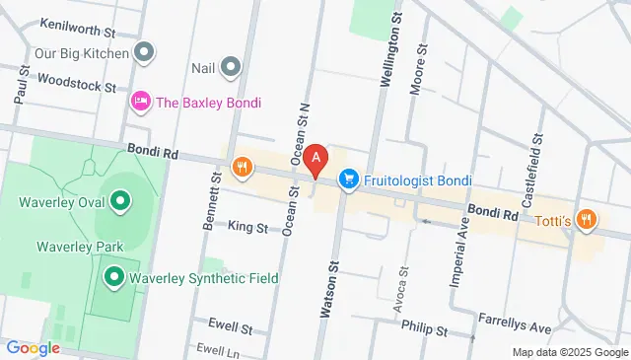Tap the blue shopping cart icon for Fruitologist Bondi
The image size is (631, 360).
pos(347,180)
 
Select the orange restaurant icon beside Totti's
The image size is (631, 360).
pos(587,220)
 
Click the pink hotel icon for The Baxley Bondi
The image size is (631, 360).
pos(142,101)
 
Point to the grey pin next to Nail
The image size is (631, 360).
pos(232,67)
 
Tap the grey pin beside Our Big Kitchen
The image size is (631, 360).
pos(145,50)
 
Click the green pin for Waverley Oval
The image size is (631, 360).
pos(120,203)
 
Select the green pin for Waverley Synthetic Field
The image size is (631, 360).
pos(114,278)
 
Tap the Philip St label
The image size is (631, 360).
pos(430,331)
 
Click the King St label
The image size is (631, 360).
pos(247,228)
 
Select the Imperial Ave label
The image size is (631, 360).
pos(457,252)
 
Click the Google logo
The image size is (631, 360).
pos(34,348)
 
